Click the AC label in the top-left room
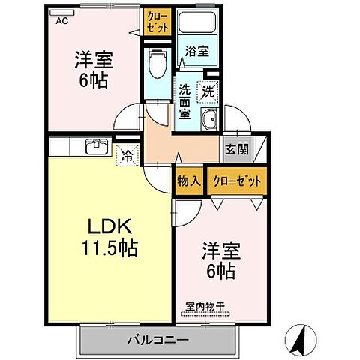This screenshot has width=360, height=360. tap(61, 20)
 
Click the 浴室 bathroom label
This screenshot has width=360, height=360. tap(198, 52)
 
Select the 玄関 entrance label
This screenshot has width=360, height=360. tap(237, 148)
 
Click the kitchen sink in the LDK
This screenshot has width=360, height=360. tap(95, 145)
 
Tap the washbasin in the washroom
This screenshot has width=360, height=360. tap(210, 118)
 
